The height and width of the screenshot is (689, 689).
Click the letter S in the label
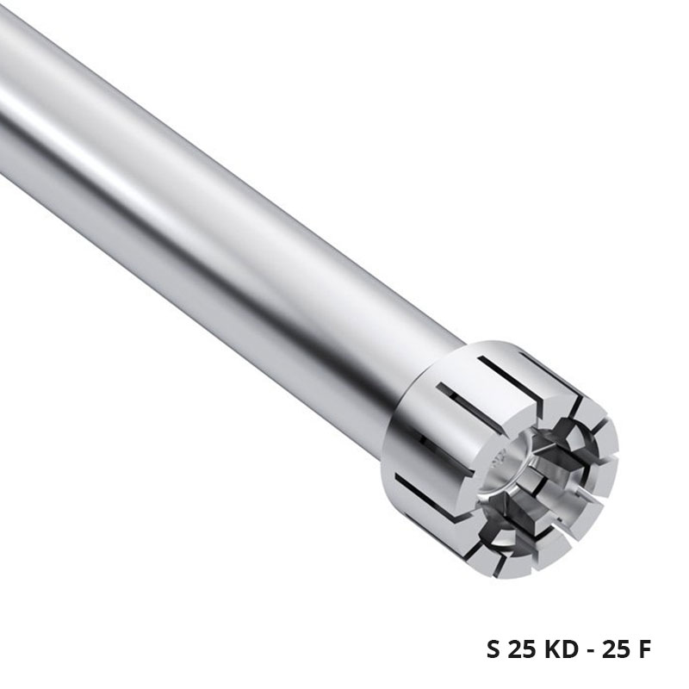click(493, 649)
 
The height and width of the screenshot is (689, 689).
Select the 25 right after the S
click(522, 649)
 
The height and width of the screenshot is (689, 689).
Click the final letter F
click(644, 649)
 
